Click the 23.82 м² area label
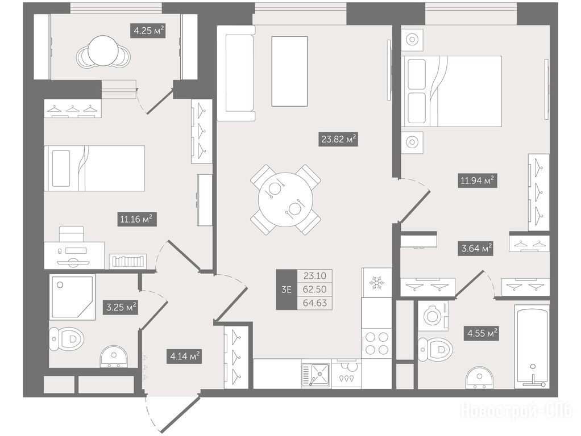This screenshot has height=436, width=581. click(338, 140)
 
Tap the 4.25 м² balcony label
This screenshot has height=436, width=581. click(148, 31)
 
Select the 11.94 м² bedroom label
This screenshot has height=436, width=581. click(477, 181)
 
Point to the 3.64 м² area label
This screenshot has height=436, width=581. click(476, 248)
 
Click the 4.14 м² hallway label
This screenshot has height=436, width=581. click(184, 357)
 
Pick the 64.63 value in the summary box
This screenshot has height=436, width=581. click(314, 303)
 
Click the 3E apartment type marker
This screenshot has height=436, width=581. click(287, 290)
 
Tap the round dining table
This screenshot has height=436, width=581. click(286, 199)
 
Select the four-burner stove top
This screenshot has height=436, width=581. click(376, 343)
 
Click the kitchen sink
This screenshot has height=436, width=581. click(316, 375)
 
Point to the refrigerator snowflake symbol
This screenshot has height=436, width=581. click(376, 283)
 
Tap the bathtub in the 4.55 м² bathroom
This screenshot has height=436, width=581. click(532, 346)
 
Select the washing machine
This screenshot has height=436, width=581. click(433, 316)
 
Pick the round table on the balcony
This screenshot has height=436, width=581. click(103, 52)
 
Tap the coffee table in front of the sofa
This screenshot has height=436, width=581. click(289, 71)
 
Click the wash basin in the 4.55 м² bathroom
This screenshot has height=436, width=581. click(480, 378)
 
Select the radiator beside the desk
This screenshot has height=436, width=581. click(128, 261)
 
